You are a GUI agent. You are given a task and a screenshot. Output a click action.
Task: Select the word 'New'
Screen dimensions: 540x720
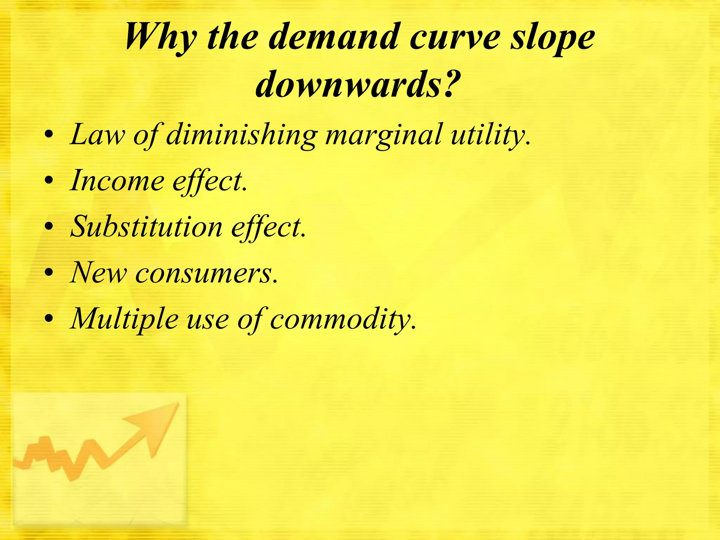click(98, 273)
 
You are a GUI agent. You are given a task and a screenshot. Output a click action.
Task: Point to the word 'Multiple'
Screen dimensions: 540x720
click(124, 319)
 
